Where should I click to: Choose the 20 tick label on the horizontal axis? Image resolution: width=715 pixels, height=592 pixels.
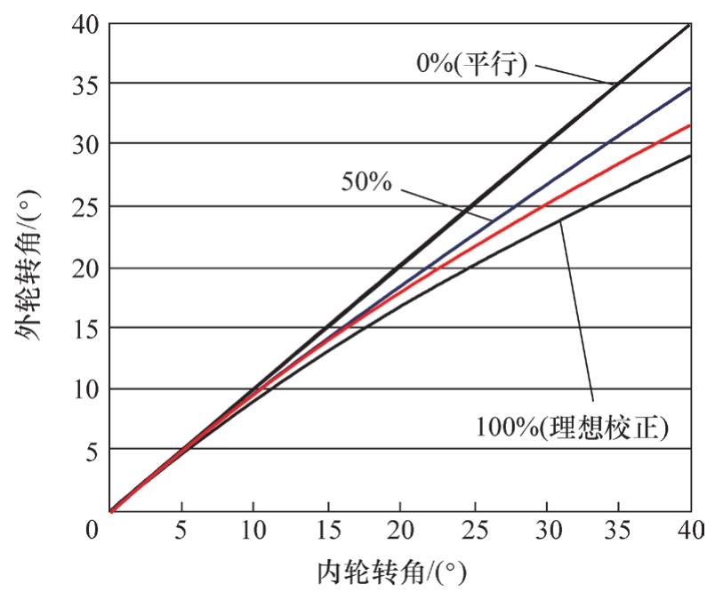click(400, 531)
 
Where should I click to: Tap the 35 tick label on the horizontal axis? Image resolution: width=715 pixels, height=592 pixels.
click(619, 531)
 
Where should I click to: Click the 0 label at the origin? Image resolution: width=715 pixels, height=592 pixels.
click(92, 531)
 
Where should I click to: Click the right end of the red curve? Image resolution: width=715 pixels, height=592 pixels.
click(690, 125)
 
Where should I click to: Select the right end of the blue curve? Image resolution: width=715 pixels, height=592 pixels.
click(690, 88)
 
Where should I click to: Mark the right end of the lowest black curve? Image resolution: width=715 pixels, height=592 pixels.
click(690, 156)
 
